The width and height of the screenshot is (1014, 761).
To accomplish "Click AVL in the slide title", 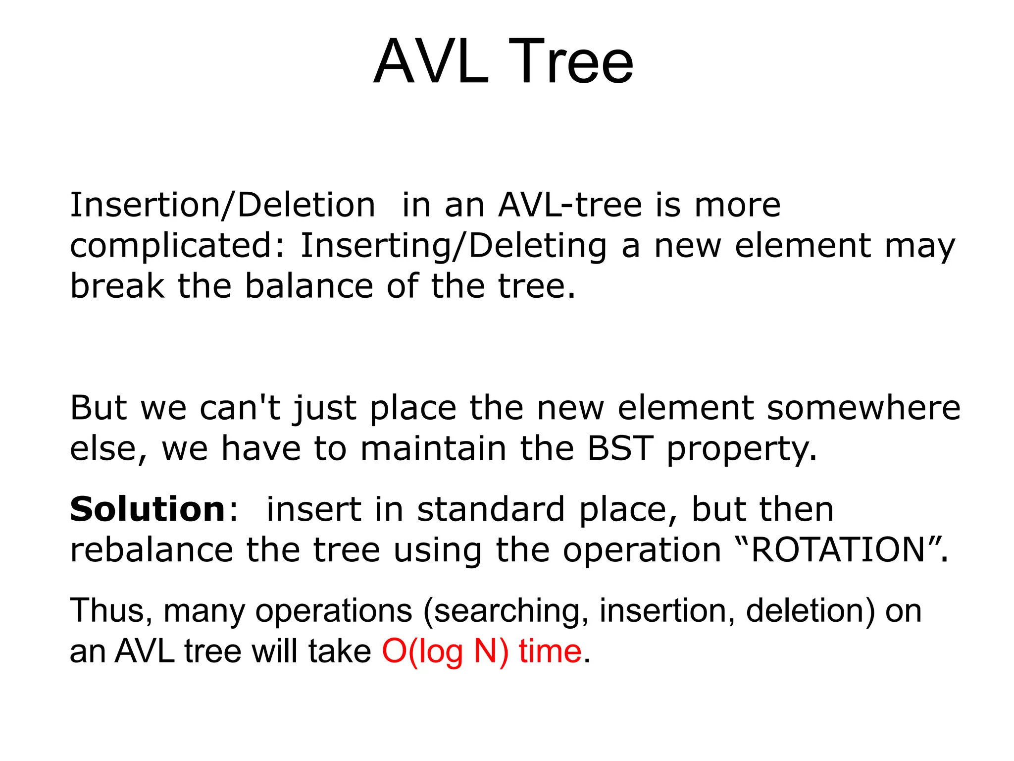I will point(431,63).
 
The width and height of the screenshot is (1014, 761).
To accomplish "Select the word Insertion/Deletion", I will point(223,205).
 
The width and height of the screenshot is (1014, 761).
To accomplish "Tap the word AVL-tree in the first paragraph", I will point(570,205).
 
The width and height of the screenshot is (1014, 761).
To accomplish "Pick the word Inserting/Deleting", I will point(454,247).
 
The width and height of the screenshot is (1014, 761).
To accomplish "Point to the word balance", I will point(309,286).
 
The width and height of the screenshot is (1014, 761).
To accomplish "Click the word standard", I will point(491,510).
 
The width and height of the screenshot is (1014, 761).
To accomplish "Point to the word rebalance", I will point(152,550).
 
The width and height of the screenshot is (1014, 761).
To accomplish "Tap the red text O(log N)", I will point(445,652).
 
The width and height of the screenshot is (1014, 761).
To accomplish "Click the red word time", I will point(550,651).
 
